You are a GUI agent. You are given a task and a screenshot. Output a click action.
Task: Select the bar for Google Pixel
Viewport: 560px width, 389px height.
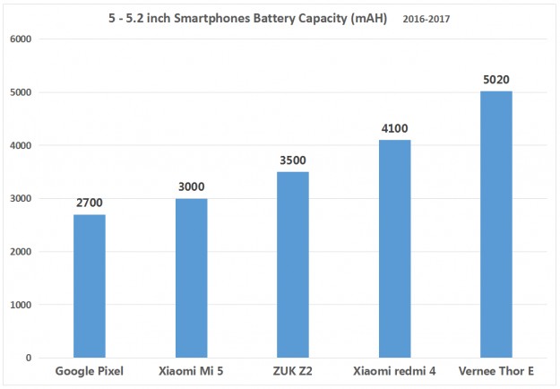click(89, 286)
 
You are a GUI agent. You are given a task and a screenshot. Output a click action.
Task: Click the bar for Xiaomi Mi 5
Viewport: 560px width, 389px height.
click(191, 278)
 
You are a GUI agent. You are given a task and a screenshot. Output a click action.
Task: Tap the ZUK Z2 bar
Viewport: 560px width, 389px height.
click(292, 264)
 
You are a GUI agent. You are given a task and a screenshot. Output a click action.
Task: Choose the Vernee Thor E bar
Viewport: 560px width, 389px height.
click(496, 224)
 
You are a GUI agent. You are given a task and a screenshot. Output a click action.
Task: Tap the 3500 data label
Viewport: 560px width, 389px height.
click(292, 161)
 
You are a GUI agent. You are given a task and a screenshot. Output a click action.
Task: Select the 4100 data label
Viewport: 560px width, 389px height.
click(394, 129)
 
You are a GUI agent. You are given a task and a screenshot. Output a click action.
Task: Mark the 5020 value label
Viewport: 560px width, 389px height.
click(496, 81)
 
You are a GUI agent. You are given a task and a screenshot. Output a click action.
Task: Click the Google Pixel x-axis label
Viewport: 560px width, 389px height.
click(89, 371)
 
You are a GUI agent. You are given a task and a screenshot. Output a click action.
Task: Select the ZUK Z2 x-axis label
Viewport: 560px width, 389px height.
click(292, 371)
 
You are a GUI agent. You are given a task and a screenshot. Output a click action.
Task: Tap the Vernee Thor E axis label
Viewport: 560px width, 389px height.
click(496, 371)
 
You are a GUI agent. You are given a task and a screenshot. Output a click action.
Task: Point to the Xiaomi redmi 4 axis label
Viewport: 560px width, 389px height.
click(394, 371)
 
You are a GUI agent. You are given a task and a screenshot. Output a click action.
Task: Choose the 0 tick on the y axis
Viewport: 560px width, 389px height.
click(29, 358)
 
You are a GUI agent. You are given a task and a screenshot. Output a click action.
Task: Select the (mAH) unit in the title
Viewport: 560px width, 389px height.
click(366, 17)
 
